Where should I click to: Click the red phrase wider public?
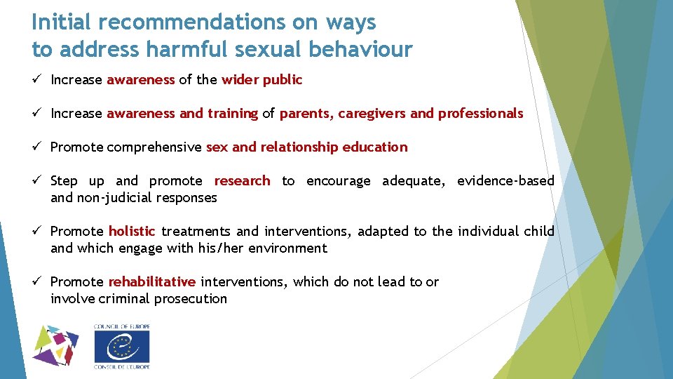pyautogui.click(x=261, y=80)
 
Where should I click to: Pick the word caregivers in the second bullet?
pyautogui.click(x=372, y=114)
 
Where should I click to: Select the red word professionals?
pyautogui.click(x=480, y=114)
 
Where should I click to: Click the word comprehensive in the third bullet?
pyautogui.click(x=155, y=147)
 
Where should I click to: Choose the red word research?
pyautogui.click(x=242, y=181)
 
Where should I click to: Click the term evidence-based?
pyautogui.click(x=505, y=181)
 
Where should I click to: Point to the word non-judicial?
pyautogui.click(x=108, y=198)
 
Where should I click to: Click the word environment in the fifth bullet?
pyautogui.click(x=287, y=248)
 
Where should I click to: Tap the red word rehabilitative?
pyautogui.click(x=151, y=282)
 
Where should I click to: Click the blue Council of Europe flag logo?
pyautogui.click(x=122, y=347)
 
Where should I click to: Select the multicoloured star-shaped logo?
pyautogui.click(x=56, y=346)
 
